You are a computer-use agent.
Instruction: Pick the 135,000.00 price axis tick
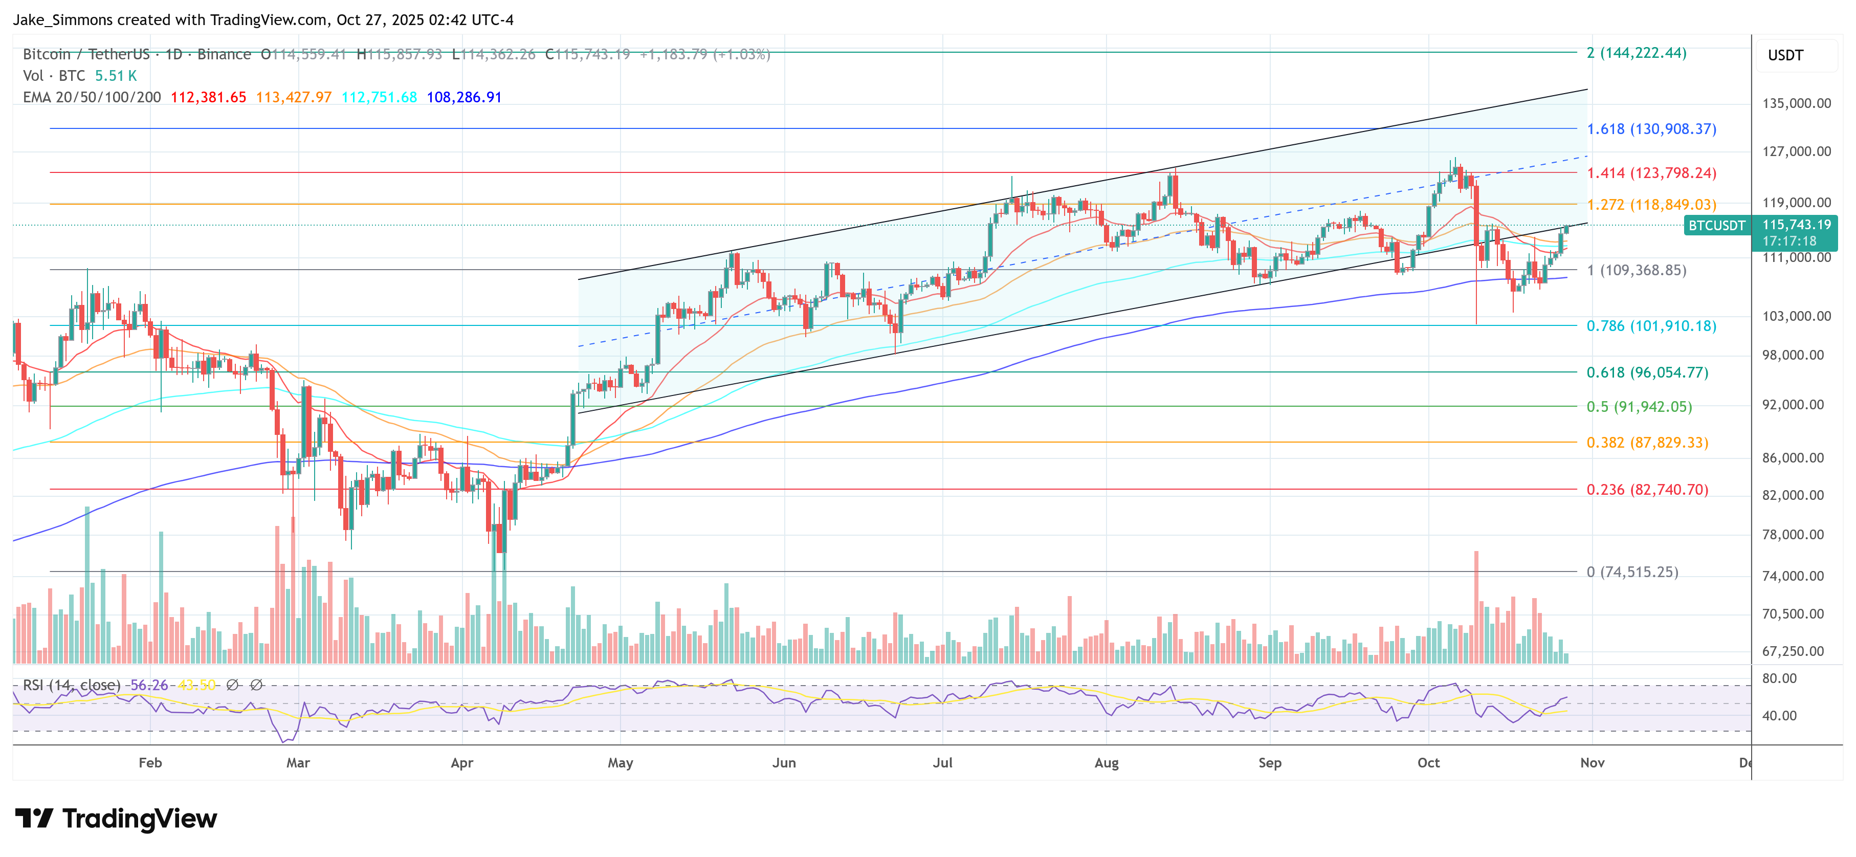pyautogui.click(x=1796, y=103)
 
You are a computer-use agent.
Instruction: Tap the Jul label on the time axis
pyautogui.click(x=942, y=762)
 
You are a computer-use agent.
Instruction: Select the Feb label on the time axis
pyautogui.click(x=150, y=762)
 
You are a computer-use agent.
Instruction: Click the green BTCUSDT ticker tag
pyautogui.click(x=1716, y=226)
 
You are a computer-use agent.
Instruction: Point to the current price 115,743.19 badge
pyautogui.click(x=1796, y=225)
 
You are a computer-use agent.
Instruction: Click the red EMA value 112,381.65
pyautogui.click(x=208, y=97)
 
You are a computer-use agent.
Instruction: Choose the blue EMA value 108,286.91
pyautogui.click(x=464, y=97)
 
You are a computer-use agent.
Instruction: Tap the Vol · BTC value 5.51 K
pyautogui.click(x=116, y=76)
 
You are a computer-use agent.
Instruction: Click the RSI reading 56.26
pyautogui.click(x=148, y=685)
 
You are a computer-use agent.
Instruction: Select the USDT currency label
pyautogui.click(x=1785, y=55)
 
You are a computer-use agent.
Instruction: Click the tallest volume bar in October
pyautogui.click(x=1476, y=607)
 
